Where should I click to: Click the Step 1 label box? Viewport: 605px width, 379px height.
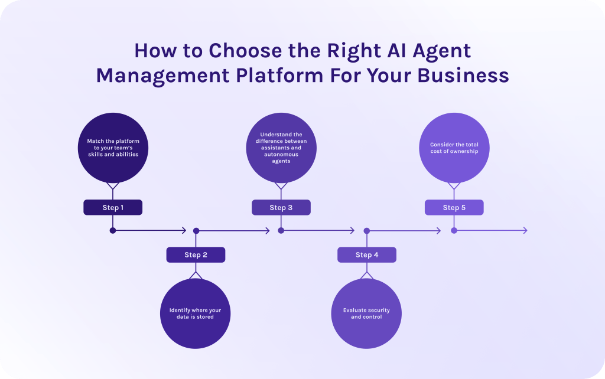[x=113, y=207]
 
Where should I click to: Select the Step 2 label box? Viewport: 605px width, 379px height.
[x=196, y=254]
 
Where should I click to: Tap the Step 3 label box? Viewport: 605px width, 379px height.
[x=281, y=207]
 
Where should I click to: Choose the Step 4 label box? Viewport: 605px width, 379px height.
[x=367, y=254]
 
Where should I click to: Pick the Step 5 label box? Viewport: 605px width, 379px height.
[x=454, y=207]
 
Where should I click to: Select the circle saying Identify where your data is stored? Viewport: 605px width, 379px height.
[x=196, y=313]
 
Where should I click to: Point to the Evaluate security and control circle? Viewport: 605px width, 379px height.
[x=366, y=313]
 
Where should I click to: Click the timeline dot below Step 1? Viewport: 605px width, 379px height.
[x=113, y=230]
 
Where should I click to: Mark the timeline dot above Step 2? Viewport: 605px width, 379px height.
[x=196, y=231]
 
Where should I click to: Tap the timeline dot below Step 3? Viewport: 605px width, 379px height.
[x=281, y=230]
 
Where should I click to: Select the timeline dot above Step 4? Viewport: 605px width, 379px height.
[x=366, y=231]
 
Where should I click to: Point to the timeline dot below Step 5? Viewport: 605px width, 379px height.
[x=454, y=230]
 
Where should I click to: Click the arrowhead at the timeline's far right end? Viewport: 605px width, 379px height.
[x=525, y=230]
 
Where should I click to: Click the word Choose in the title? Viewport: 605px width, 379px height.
[x=240, y=51]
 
